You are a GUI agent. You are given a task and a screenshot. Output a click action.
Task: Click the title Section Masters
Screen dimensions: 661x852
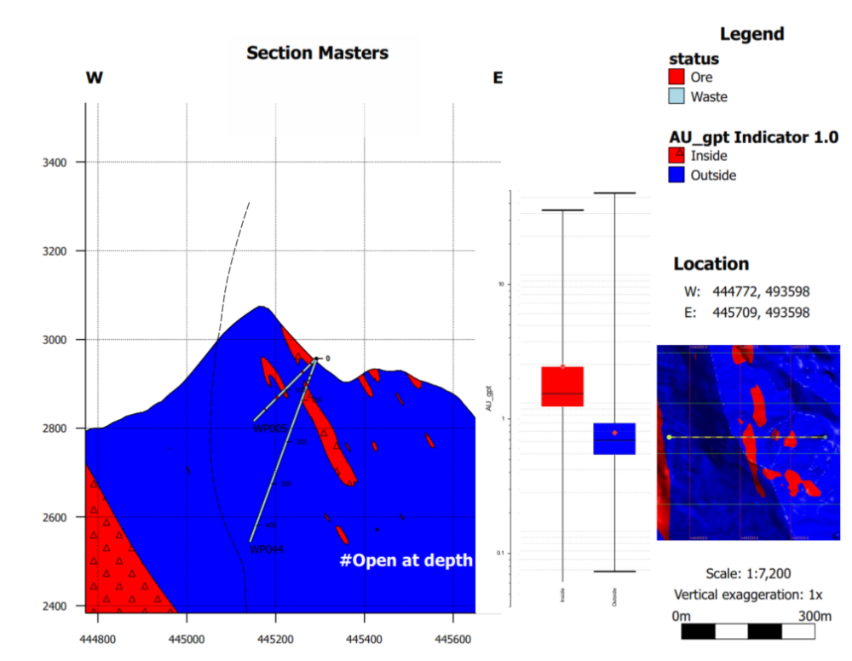coord(317,53)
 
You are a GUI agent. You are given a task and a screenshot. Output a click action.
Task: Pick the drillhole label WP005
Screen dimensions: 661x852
coord(271,428)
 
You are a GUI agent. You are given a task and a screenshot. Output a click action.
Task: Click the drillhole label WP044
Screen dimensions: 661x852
coord(266,550)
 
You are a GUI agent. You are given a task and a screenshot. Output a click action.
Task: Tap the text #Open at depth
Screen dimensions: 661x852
coord(406,560)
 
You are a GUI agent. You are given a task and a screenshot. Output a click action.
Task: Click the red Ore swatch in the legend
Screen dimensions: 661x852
coord(676,78)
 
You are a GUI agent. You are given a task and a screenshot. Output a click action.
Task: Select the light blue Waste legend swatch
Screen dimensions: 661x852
coord(676,96)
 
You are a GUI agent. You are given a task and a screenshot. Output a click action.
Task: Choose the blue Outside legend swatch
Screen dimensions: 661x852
coord(676,175)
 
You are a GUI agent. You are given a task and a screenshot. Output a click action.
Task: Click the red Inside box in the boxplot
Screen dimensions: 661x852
coord(562,387)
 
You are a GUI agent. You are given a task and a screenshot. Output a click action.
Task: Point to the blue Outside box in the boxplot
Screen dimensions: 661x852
coord(614,439)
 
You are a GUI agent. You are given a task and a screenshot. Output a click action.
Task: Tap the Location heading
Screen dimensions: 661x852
coord(711,264)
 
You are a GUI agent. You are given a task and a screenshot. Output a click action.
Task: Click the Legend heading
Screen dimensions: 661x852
coord(751,35)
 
